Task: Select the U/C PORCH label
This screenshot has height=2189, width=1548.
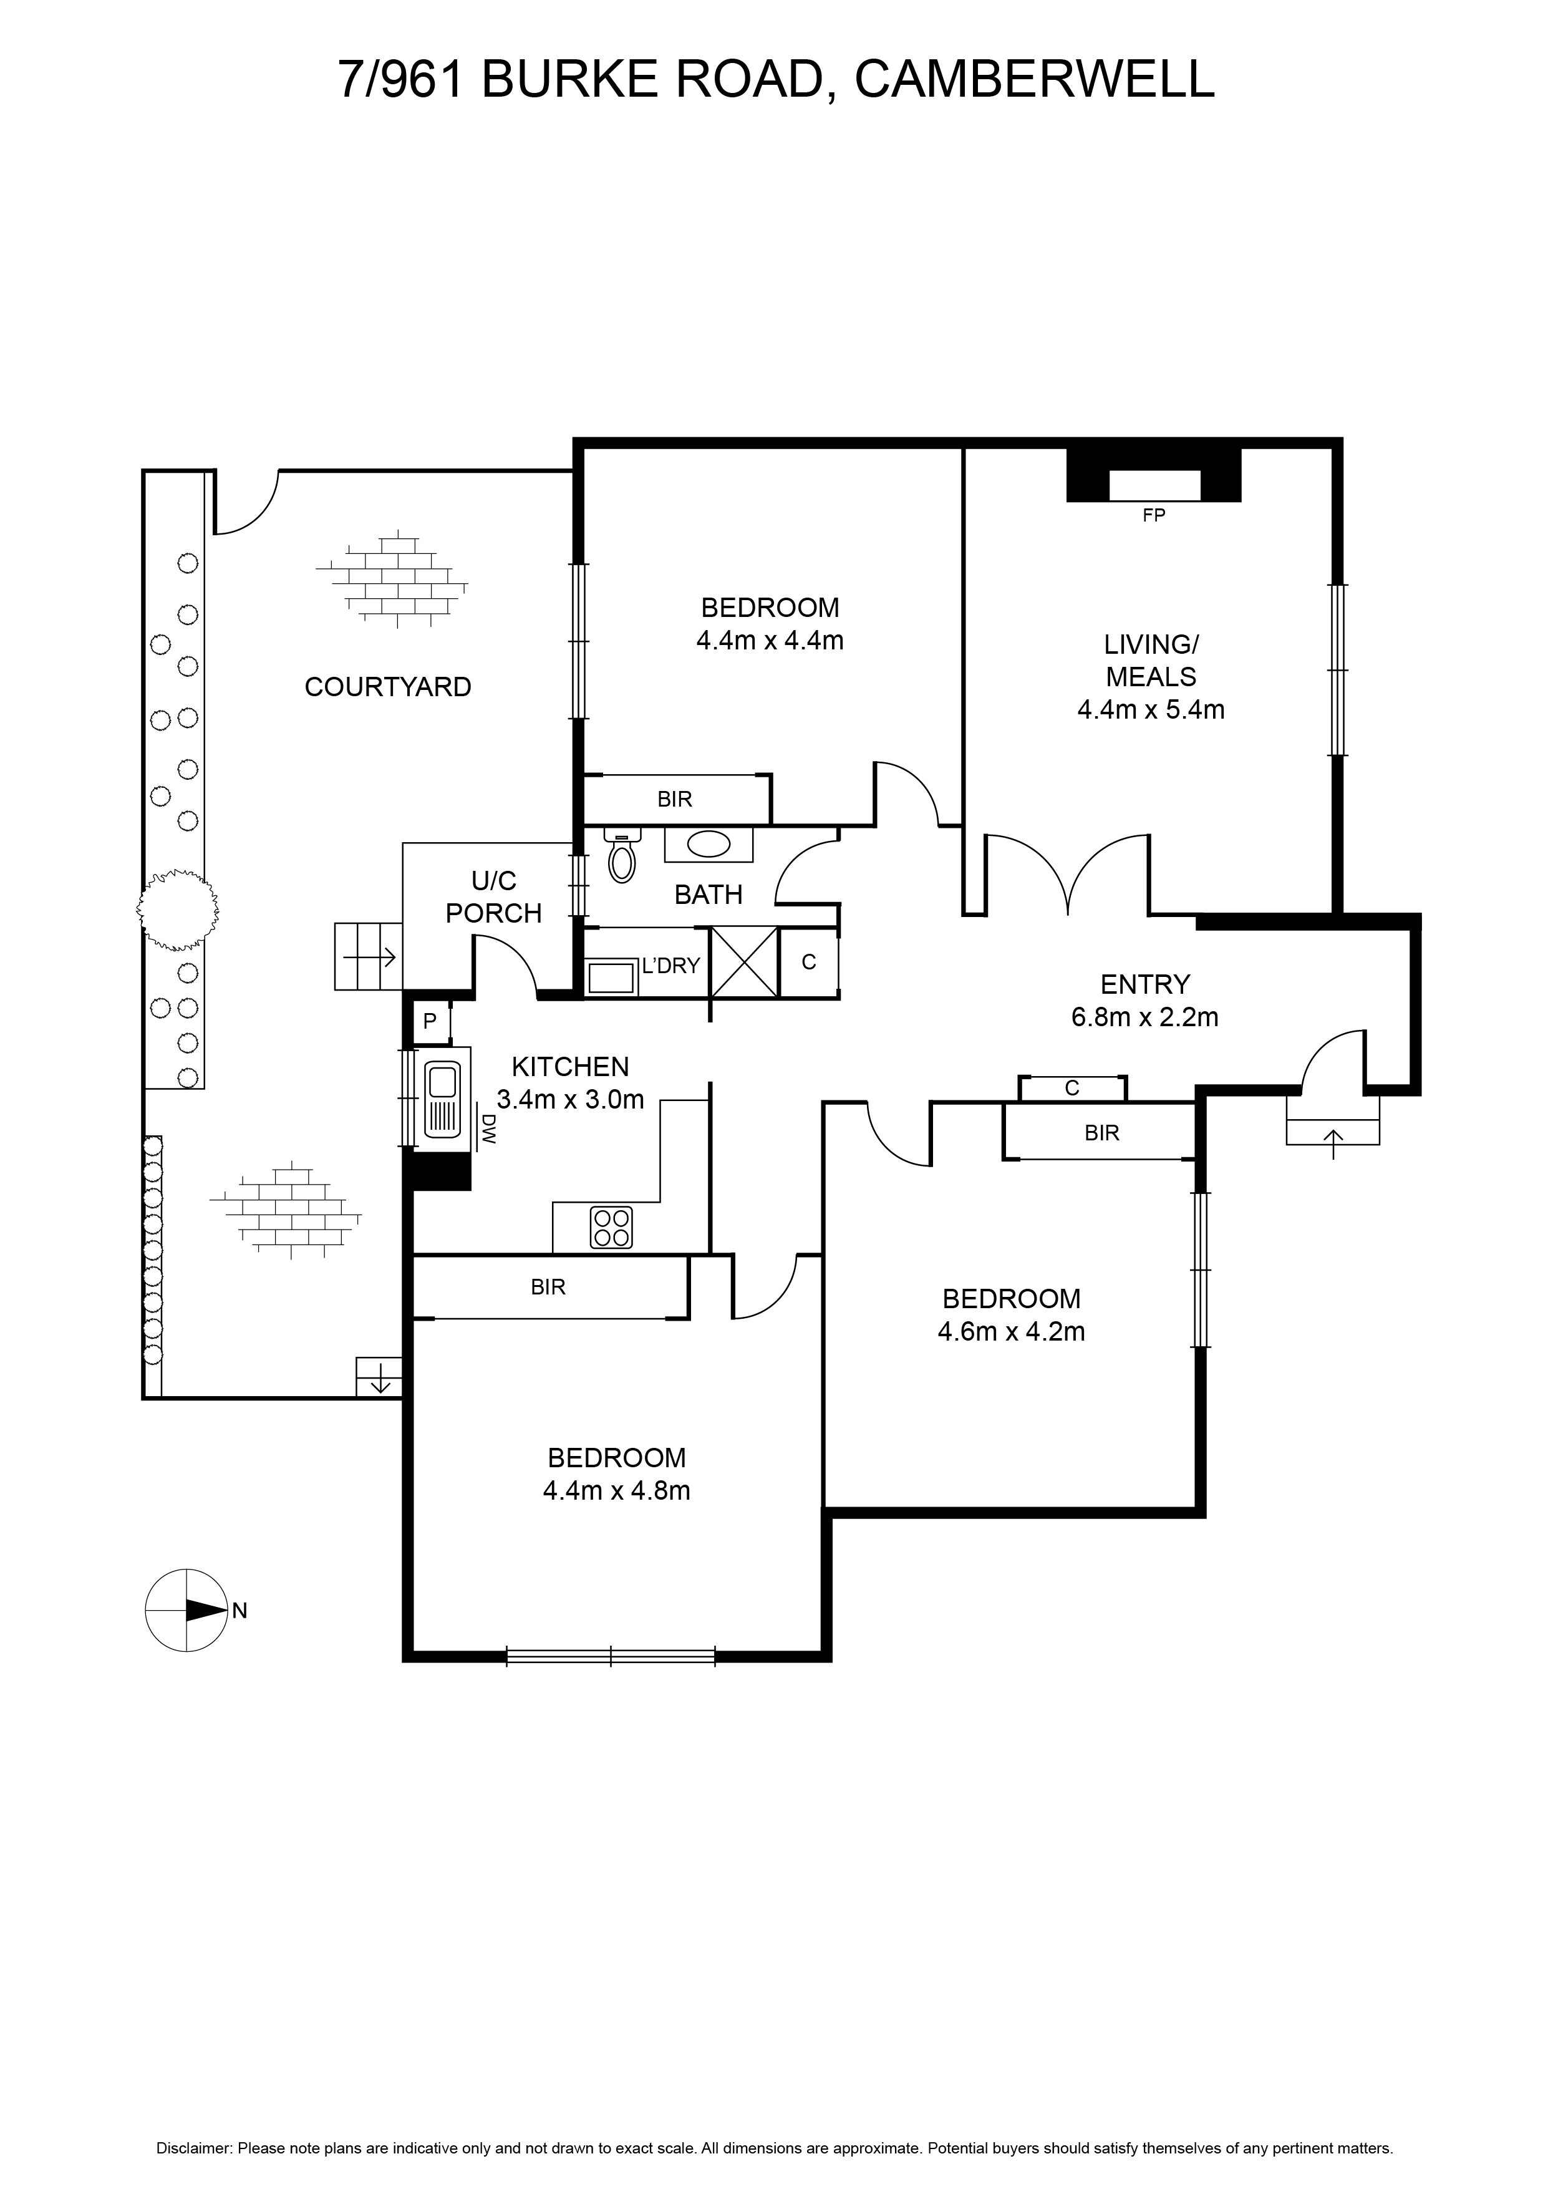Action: pos(494,896)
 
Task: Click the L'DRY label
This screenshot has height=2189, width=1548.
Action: pos(671,966)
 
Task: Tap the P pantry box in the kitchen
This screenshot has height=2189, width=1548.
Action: pos(430,1021)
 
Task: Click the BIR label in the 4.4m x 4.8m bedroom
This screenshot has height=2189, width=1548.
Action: pos(548,1287)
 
